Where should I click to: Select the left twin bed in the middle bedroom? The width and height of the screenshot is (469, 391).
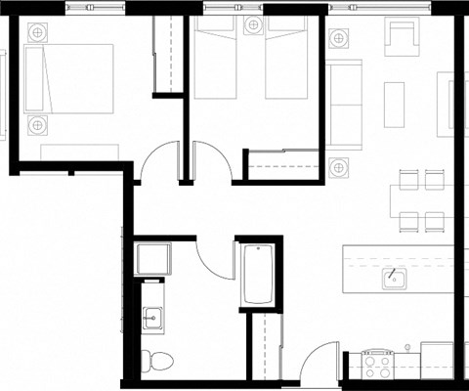[215, 64]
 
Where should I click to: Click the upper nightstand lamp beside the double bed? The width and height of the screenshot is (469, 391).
[37, 31]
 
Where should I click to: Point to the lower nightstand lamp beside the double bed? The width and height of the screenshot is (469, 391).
[37, 124]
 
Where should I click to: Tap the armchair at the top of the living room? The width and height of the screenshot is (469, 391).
[401, 40]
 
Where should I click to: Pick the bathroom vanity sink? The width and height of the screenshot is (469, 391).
[151, 317]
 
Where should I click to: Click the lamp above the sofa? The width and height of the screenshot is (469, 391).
[339, 38]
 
